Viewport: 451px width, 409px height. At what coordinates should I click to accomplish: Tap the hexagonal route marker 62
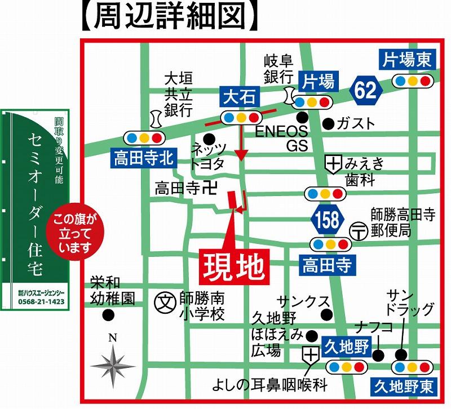365,90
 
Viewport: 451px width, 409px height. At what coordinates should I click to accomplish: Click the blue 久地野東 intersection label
402,386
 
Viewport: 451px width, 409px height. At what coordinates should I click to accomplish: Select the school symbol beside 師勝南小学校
164,300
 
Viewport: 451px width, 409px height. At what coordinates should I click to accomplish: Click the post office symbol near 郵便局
358,230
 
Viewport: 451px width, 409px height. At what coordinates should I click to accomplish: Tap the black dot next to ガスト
328,123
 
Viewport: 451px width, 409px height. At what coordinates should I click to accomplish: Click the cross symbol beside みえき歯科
334,165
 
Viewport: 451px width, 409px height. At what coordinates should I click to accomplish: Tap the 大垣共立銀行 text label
178,92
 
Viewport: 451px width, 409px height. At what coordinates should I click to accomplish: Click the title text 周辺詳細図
167,17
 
